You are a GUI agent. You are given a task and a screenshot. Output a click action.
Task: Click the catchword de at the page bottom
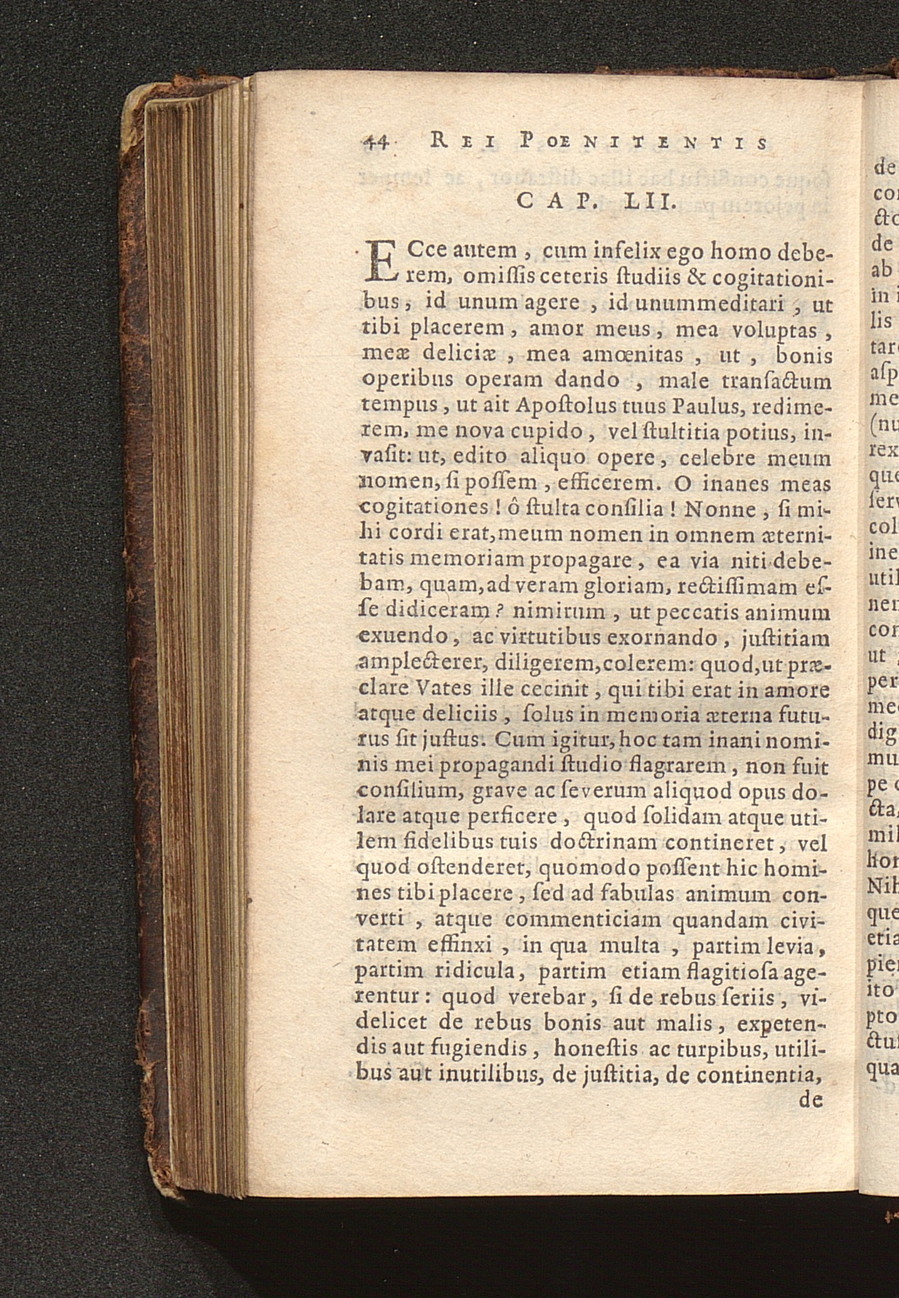coord(810,1100)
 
